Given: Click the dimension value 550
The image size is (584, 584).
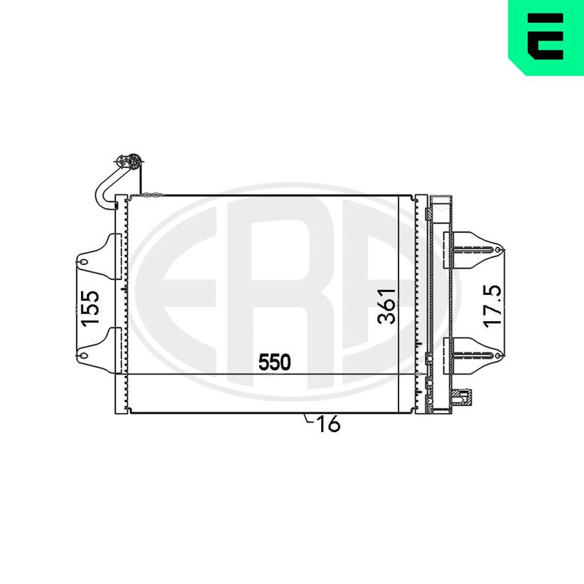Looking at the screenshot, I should tap(274, 363).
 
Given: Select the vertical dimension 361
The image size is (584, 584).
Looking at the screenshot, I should tap(387, 305).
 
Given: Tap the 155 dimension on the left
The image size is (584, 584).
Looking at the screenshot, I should tap(91, 308).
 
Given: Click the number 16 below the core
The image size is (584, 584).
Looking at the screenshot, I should tap(329, 425).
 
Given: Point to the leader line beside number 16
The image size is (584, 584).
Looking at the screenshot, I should tap(308, 419).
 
